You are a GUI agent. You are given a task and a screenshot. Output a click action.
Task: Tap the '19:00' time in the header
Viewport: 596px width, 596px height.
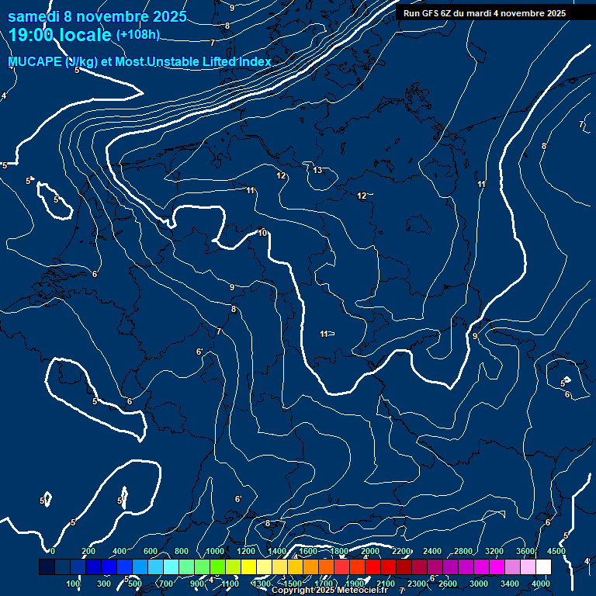[30, 35]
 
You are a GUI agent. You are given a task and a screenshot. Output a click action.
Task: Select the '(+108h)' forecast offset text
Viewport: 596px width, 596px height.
[137, 35]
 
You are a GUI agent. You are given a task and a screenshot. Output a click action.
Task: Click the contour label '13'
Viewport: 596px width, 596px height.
[317, 170]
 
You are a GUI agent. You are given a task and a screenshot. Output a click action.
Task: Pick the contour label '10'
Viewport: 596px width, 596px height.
[263, 233]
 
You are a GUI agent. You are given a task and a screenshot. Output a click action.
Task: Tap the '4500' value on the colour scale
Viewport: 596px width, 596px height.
[556, 551]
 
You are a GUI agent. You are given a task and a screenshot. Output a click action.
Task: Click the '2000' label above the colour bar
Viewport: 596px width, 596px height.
[370, 551]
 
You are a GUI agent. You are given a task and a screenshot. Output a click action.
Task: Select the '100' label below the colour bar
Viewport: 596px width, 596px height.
[74, 584]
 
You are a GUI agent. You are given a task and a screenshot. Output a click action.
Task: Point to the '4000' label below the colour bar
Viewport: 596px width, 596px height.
[541, 584]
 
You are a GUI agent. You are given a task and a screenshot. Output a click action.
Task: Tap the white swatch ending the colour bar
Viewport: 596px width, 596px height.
[543, 567]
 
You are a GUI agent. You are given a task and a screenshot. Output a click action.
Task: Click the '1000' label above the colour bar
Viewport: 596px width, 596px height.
[215, 551]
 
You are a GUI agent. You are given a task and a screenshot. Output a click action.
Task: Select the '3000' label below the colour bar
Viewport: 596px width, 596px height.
[479, 584]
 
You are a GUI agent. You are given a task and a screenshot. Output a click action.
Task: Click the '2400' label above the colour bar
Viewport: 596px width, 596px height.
[432, 551]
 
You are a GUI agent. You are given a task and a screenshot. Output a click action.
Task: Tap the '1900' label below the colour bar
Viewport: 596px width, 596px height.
[355, 584]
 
